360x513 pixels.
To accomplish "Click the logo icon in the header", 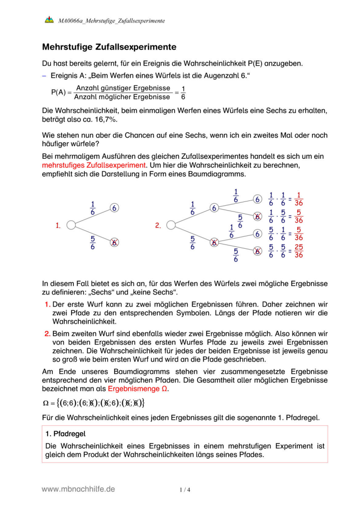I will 49,20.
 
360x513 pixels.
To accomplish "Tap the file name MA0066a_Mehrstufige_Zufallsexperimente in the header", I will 111,21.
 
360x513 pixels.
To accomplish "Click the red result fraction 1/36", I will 299,199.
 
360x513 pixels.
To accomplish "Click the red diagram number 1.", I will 58,225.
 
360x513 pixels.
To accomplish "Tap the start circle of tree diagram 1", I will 71,225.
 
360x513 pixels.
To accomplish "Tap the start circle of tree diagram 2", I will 171,225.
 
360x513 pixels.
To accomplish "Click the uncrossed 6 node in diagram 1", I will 114,208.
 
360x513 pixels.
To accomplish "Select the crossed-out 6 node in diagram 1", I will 114,243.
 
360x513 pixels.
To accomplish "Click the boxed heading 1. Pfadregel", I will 66,433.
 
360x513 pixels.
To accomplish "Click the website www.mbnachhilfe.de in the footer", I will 78,489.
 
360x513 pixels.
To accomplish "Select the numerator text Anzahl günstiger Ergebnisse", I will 122,88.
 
